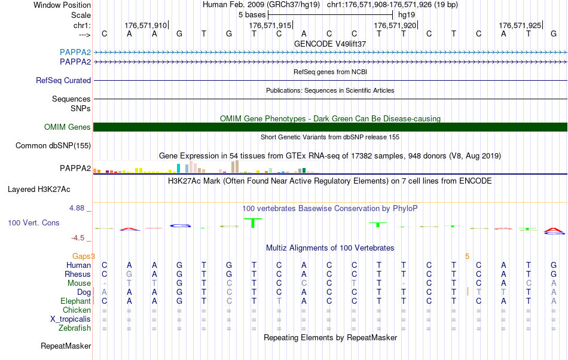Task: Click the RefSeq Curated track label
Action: click(x=63, y=80)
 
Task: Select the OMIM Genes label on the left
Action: click(x=68, y=127)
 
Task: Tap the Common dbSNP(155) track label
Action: click(x=53, y=145)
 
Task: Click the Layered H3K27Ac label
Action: click(x=39, y=190)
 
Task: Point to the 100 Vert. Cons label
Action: click(x=33, y=222)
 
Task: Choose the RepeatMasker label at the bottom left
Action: click(x=66, y=346)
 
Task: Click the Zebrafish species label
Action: click(x=75, y=328)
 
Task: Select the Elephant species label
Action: click(x=75, y=301)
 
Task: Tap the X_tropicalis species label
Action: click(x=71, y=319)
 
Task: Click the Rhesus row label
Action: click(x=78, y=274)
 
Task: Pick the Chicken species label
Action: click(x=77, y=310)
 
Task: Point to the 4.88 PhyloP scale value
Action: click(x=78, y=208)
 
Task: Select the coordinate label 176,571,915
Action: click(x=270, y=25)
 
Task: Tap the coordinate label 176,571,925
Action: click(x=520, y=25)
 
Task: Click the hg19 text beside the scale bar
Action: click(x=407, y=14)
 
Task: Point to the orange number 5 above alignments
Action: click(x=467, y=256)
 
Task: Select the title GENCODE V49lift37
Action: click(x=330, y=44)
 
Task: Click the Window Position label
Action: click(x=62, y=5)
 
